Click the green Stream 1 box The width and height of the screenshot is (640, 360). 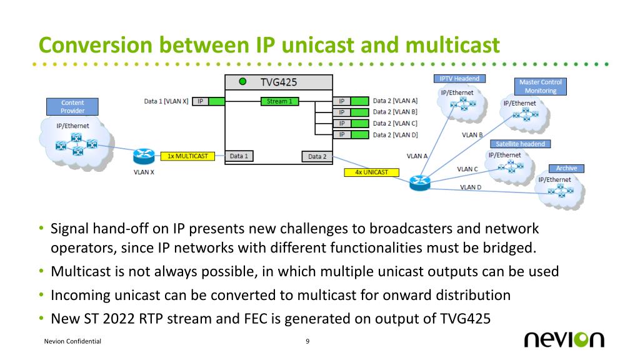[x=279, y=101]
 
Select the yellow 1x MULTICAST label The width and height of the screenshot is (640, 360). [x=187, y=155]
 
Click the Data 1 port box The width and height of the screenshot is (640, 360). [x=239, y=156]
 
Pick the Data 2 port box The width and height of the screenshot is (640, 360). [x=317, y=156]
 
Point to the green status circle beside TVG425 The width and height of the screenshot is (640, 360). [x=242, y=81]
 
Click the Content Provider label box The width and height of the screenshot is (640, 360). [x=72, y=106]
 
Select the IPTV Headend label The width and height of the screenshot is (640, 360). [x=459, y=78]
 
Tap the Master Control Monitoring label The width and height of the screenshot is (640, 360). [x=541, y=86]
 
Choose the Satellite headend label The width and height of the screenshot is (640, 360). [x=520, y=144]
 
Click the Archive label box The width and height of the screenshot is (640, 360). [x=566, y=168]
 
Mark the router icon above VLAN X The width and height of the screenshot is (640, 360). [x=143, y=155]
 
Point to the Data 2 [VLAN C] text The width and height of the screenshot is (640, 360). [x=395, y=123]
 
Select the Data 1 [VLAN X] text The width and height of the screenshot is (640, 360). [x=166, y=101]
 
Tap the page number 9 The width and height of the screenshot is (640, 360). [x=307, y=341]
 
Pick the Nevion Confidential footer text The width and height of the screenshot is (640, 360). [x=72, y=342]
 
